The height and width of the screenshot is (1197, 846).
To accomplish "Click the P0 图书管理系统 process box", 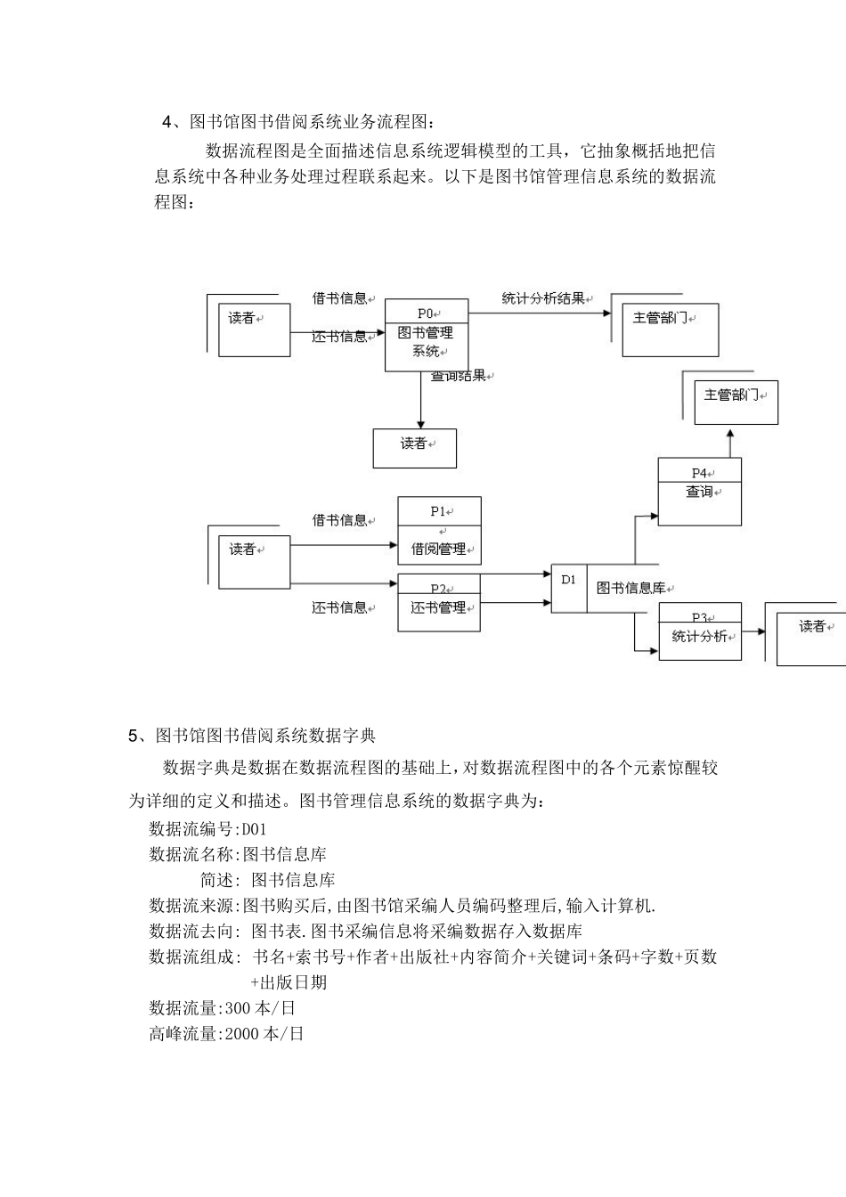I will click(x=427, y=336).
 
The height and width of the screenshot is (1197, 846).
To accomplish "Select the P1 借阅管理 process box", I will click(x=439, y=531).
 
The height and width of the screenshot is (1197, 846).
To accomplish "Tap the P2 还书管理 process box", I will click(x=439, y=603).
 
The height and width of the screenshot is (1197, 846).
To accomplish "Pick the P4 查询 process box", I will click(x=699, y=493).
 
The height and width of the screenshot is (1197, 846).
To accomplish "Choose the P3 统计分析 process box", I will click(x=700, y=631).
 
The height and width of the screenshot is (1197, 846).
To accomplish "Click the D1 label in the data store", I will click(x=569, y=580).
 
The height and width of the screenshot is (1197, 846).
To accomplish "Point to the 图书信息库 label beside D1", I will click(x=631, y=588).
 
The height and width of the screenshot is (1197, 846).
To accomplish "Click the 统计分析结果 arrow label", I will click(x=543, y=298).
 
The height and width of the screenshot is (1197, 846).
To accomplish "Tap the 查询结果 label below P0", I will click(x=459, y=376).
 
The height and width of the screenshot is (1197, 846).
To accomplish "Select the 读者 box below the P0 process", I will click(x=414, y=448).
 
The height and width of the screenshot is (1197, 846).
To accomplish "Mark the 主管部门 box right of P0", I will click(x=670, y=330).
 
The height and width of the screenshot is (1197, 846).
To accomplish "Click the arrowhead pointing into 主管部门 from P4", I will click(x=730, y=434).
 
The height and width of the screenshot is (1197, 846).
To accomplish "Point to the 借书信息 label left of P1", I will click(x=339, y=520).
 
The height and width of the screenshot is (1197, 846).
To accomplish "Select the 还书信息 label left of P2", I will click(x=339, y=607).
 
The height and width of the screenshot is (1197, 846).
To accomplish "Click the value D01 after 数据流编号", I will click(x=255, y=829).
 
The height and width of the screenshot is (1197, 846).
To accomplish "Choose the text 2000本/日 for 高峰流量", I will click(x=264, y=1034).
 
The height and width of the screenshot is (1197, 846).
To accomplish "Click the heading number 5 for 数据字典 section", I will click(x=134, y=736).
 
